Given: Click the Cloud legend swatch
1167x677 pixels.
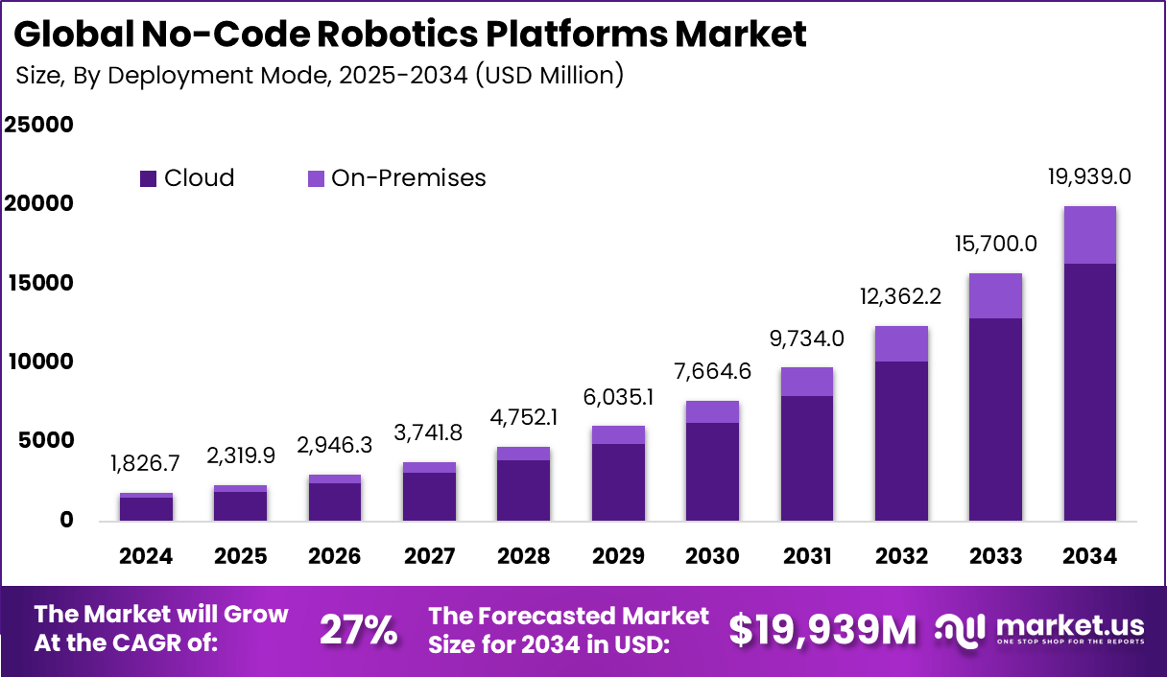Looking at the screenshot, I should pyautogui.click(x=148, y=178).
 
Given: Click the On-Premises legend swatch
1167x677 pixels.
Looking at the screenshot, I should pyautogui.click(x=316, y=178).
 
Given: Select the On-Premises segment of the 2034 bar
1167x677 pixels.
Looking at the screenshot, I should pyautogui.click(x=1089, y=235).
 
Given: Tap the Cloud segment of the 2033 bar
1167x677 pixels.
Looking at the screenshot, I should pyautogui.click(x=995, y=419).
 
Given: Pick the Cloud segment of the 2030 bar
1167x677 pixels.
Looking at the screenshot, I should pyautogui.click(x=712, y=472).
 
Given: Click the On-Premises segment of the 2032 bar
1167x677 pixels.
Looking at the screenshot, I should pyautogui.click(x=901, y=343).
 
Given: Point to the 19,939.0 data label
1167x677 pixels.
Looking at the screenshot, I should pyautogui.click(x=1089, y=176).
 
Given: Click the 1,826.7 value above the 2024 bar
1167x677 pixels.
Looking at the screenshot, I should pyautogui.click(x=146, y=464).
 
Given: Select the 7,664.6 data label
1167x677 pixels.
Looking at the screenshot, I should pyautogui.click(x=712, y=372).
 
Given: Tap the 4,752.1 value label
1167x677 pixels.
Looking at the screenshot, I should pyautogui.click(x=523, y=418).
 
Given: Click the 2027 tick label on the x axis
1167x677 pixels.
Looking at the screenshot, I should pyautogui.click(x=429, y=556).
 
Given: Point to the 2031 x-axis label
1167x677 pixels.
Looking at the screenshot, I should pyautogui.click(x=806, y=556).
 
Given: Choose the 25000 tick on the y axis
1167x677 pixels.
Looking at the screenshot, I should pyautogui.click(x=39, y=125).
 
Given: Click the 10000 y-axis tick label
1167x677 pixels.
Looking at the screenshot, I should pyautogui.click(x=39, y=362).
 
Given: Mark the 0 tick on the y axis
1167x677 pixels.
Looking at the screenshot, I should pyautogui.click(x=66, y=520).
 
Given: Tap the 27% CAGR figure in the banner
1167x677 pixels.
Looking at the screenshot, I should pyautogui.click(x=358, y=630).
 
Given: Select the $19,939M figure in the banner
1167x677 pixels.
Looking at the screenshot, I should pyautogui.click(x=822, y=630).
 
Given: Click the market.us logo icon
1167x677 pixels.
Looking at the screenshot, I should pyautogui.click(x=960, y=630).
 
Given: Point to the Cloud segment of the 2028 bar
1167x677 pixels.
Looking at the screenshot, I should pyautogui.click(x=523, y=490).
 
